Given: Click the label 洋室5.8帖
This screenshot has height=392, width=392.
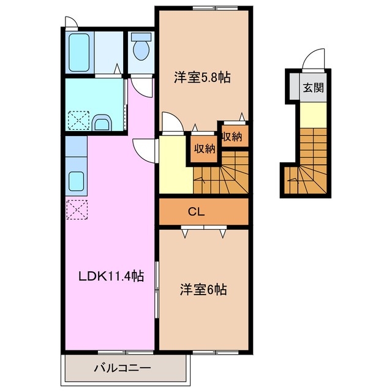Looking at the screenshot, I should pyautogui.click(x=202, y=78).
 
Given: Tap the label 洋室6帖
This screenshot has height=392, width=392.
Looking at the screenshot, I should pyautogui.click(x=203, y=290).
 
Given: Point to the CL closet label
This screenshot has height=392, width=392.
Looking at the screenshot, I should pyautogui.click(x=196, y=213).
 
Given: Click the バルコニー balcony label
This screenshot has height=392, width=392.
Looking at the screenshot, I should pyautogui.click(x=122, y=369).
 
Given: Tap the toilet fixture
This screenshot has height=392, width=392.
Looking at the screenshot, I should pyautogui.click(x=142, y=50).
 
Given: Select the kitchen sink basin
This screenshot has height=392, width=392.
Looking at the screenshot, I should pyautogui.click(x=77, y=181).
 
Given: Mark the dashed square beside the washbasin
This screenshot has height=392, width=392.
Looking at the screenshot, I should pyautogui.click(x=78, y=119).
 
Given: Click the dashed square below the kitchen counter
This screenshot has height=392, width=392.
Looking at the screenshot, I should pyautogui.click(x=77, y=210).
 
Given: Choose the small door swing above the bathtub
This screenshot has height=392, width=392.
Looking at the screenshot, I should pyautogui.click(x=72, y=23).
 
